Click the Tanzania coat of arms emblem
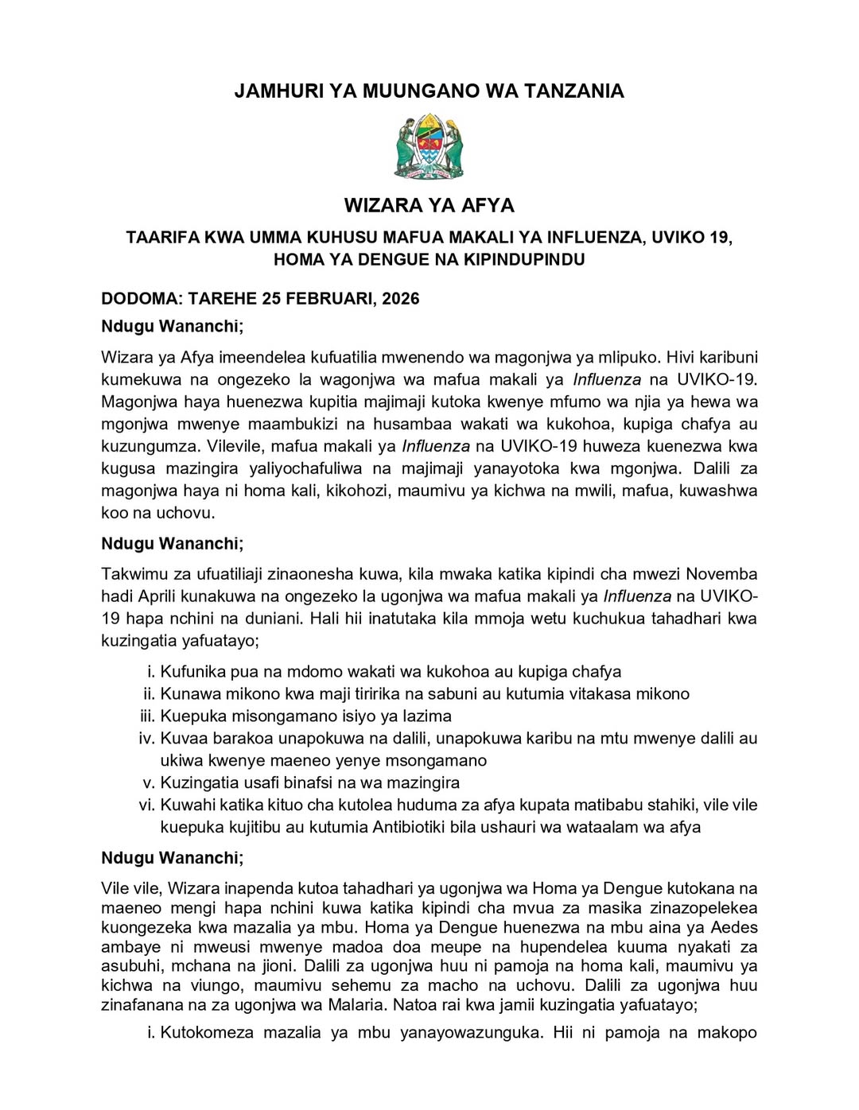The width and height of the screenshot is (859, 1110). click(x=429, y=146)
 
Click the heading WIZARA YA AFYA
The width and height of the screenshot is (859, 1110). click(x=429, y=205)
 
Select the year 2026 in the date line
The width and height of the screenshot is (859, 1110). click(x=400, y=299)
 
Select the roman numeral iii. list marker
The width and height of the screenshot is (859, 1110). click(x=148, y=716)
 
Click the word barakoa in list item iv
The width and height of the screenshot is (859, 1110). click(x=241, y=738)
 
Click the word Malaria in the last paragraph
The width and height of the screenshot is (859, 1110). click(x=356, y=1004)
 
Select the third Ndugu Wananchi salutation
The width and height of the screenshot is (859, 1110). click(x=172, y=858)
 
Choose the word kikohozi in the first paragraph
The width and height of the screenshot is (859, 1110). click(x=359, y=491)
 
